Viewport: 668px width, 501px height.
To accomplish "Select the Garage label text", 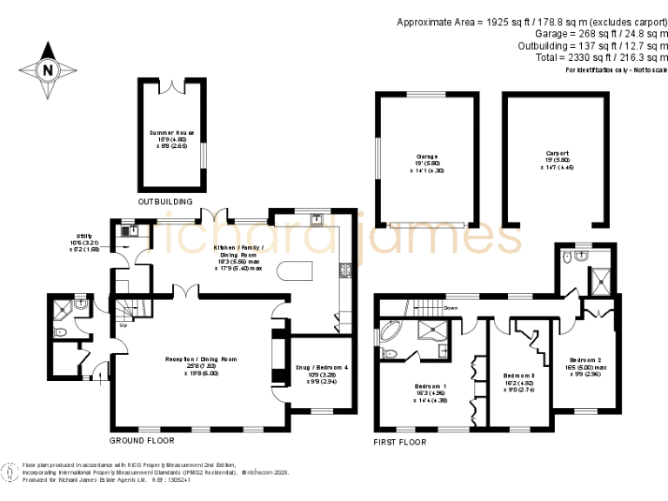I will [x=426, y=161].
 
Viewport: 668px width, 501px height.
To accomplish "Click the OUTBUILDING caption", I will [x=166, y=201].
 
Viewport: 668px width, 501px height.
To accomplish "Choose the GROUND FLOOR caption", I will [x=136, y=441].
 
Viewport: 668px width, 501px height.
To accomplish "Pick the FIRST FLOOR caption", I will [x=400, y=442].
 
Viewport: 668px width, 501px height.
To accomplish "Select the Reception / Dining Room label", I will [x=201, y=363].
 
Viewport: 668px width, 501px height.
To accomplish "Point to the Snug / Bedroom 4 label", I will [x=322, y=372].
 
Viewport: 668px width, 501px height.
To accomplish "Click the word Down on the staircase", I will [x=451, y=308].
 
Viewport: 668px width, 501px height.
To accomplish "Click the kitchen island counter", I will [x=295, y=271].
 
